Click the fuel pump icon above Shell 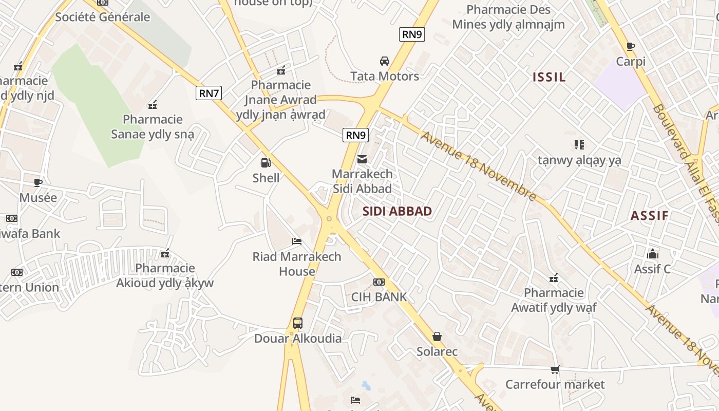click(266, 163)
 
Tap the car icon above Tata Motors click(384, 61)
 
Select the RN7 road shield click(209, 93)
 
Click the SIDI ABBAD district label click(397, 211)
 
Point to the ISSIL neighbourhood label click(549, 77)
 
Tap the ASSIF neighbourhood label click(649, 215)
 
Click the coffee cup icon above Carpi click(631, 46)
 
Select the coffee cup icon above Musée click(38, 182)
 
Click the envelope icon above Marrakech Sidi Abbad click(362, 159)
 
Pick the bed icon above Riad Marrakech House click(296, 241)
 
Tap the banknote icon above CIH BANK click(379, 282)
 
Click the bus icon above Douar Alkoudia click(298, 323)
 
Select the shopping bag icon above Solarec click(437, 337)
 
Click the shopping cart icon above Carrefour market click(555, 369)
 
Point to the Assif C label click(652, 269)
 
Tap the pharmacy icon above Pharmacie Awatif click(554, 278)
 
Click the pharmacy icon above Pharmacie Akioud click(165, 253)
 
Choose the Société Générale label click(103, 17)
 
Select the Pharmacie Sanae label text click(153, 127)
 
